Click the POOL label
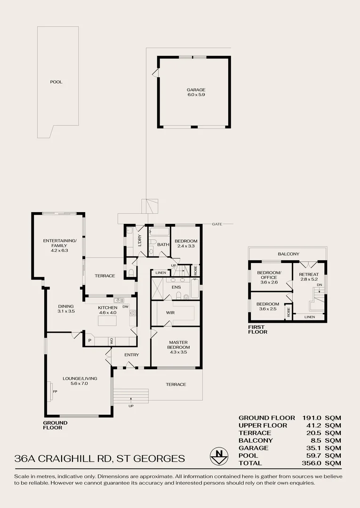click(56, 82)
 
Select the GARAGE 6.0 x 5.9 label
click(196, 92)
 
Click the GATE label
click(216, 224)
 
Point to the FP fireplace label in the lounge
click(55, 391)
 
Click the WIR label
click(170, 312)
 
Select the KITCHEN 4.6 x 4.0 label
click(107, 310)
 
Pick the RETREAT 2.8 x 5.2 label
click(309, 277)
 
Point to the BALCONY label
click(288, 254)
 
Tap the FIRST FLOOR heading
click(257, 329)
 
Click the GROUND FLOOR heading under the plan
click(55, 425)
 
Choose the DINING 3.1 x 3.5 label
click(66, 308)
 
